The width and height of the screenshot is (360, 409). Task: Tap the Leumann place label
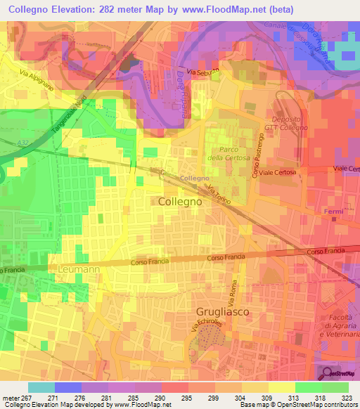pyautogui.click(x=79, y=268)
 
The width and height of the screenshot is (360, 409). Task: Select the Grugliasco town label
pyautogui.click(x=222, y=310)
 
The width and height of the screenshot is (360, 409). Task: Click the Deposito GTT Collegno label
pyautogui.click(x=290, y=122)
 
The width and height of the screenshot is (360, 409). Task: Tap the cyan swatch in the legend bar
pyautogui.click(x=41, y=387)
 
